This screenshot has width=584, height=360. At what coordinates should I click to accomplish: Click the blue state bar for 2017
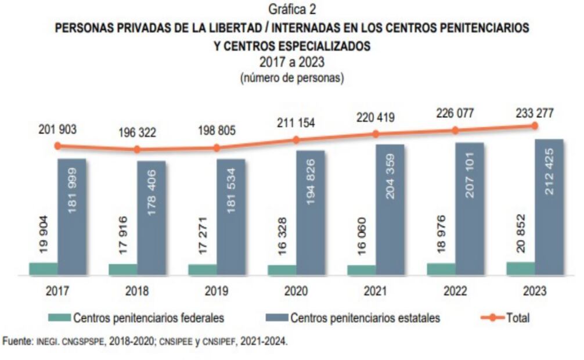pyautogui.click(x=71, y=216)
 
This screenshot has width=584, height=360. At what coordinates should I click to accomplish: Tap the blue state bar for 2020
pyautogui.click(x=311, y=213)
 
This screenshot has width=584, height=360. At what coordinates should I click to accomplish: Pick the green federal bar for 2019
pyautogui.click(x=202, y=269)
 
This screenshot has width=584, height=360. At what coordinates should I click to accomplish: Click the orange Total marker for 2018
pyautogui.click(x=137, y=149)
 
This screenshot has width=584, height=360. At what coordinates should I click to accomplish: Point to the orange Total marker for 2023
pyautogui.click(x=535, y=125)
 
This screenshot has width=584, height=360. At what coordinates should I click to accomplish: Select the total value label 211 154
pyautogui.click(x=295, y=123)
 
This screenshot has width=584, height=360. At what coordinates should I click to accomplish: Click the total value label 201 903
pyautogui.click(x=56, y=129)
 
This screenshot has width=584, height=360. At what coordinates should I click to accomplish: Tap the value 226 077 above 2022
pyautogui.click(x=455, y=114)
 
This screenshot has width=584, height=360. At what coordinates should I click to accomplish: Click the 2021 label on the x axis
pyautogui.click(x=375, y=291)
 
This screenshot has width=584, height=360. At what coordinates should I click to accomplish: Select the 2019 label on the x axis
pyautogui.click(x=216, y=291)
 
